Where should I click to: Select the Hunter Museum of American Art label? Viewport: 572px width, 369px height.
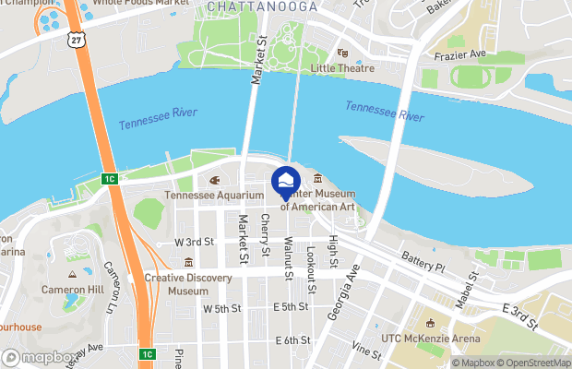tap(317, 200)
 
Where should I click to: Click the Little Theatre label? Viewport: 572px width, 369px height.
tap(343, 67)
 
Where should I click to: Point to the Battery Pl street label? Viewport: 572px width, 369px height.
tap(423, 264)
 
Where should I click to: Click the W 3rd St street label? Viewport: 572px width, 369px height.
tap(194, 242)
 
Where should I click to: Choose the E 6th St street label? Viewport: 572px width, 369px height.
tap(292, 340)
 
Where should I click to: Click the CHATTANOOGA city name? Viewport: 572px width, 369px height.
tap(261, 6)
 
